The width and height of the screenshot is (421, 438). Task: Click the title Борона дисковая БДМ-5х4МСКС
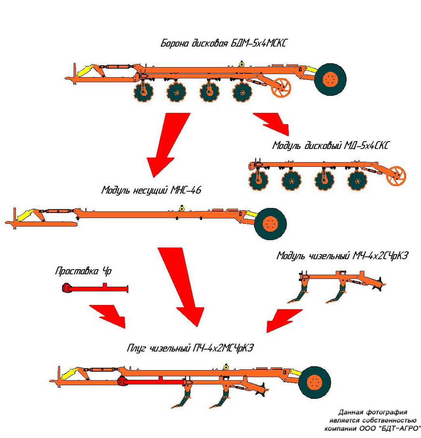tap(224, 43)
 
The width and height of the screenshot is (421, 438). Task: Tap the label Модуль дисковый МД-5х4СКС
tap(330, 145)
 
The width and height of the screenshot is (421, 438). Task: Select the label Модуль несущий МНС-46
tap(151, 190)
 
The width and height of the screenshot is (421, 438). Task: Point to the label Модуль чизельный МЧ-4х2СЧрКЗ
tap(342, 256)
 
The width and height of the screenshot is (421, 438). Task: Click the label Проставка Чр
tap(83, 271)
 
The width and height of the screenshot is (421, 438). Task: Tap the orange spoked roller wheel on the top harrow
tap(281, 88)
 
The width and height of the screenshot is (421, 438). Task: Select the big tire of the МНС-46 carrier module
tap(270, 224)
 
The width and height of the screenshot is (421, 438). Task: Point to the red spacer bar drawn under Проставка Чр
tap(95, 289)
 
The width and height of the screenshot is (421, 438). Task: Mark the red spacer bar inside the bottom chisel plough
tap(151, 382)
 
